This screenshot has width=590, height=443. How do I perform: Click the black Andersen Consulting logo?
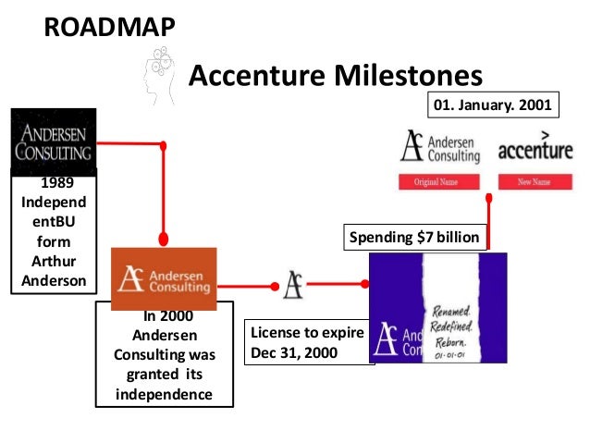(x=53, y=142)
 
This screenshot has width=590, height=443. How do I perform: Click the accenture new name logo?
(x=535, y=148)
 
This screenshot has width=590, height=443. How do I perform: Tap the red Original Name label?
(x=439, y=182)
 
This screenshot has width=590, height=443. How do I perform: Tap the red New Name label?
(x=535, y=182)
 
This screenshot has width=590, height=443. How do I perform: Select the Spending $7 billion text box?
(x=414, y=238)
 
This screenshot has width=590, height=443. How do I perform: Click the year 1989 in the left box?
(x=53, y=183)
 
